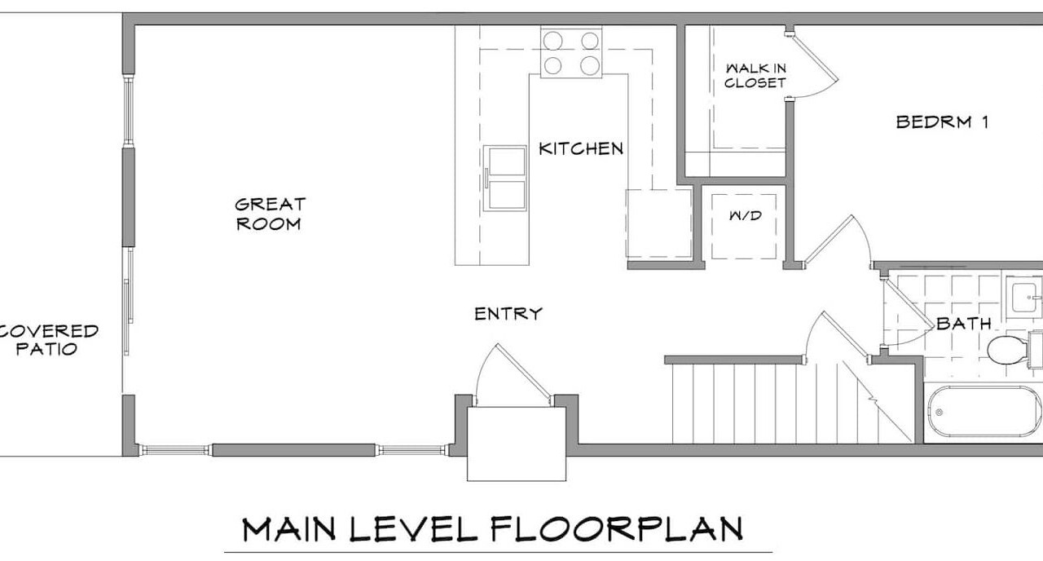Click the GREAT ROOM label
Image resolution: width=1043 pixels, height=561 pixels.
(x=270, y=214)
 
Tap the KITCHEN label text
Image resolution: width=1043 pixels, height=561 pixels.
(x=581, y=148)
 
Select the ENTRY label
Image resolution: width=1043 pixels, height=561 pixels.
(x=508, y=314)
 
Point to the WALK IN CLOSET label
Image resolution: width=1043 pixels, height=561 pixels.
(x=755, y=76)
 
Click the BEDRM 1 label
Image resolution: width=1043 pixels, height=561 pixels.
(x=942, y=122)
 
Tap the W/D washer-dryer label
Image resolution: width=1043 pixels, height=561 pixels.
(x=745, y=215)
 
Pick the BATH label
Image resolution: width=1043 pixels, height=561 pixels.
(x=963, y=324)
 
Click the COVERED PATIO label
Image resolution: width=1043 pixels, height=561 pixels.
(x=48, y=340)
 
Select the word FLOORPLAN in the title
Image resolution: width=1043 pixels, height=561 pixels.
(x=617, y=529)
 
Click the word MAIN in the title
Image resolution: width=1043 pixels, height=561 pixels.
(x=288, y=529)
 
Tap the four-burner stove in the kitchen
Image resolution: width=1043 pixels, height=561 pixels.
(x=571, y=51)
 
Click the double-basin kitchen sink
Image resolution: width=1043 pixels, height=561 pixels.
(x=505, y=178)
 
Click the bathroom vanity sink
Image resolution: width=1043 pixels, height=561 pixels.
(x=1024, y=298)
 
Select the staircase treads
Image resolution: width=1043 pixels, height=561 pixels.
(x=791, y=403)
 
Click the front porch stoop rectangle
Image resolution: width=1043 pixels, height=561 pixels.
(x=517, y=444)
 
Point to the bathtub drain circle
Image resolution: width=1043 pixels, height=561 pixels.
(x=940, y=413)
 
